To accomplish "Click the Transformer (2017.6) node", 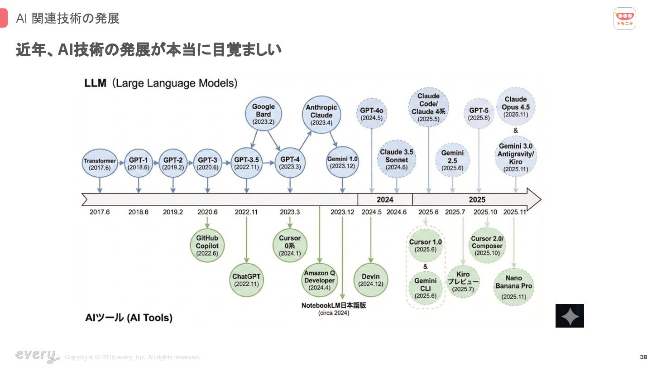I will [x=100, y=164].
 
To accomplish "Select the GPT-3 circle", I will [x=207, y=163].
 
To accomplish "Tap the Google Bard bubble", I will [x=263, y=114].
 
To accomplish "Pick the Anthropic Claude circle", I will [x=321, y=115].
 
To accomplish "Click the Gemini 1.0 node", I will [x=342, y=163].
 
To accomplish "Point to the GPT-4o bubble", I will [x=372, y=114].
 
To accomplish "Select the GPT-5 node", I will [x=479, y=114].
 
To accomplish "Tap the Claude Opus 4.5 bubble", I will [x=515, y=107].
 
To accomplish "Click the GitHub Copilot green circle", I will [x=207, y=246].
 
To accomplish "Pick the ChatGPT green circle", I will [x=246, y=280].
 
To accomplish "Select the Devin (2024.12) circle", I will [x=371, y=280].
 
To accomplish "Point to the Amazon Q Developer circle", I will [x=320, y=280].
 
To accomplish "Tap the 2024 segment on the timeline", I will [x=385, y=199].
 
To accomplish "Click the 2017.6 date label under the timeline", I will [x=100, y=212].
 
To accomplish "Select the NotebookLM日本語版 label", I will [x=334, y=305].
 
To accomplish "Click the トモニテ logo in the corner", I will [x=625, y=19].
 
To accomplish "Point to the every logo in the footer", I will [x=37, y=356].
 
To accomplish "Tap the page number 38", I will [x=643, y=357].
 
